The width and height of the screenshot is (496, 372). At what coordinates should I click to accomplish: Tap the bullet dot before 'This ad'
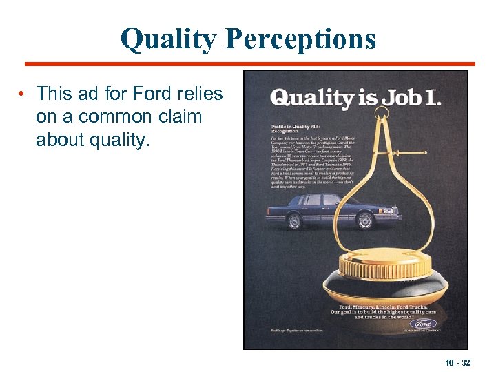point(23,93)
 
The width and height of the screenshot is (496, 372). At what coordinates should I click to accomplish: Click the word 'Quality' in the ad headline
point(312,98)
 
